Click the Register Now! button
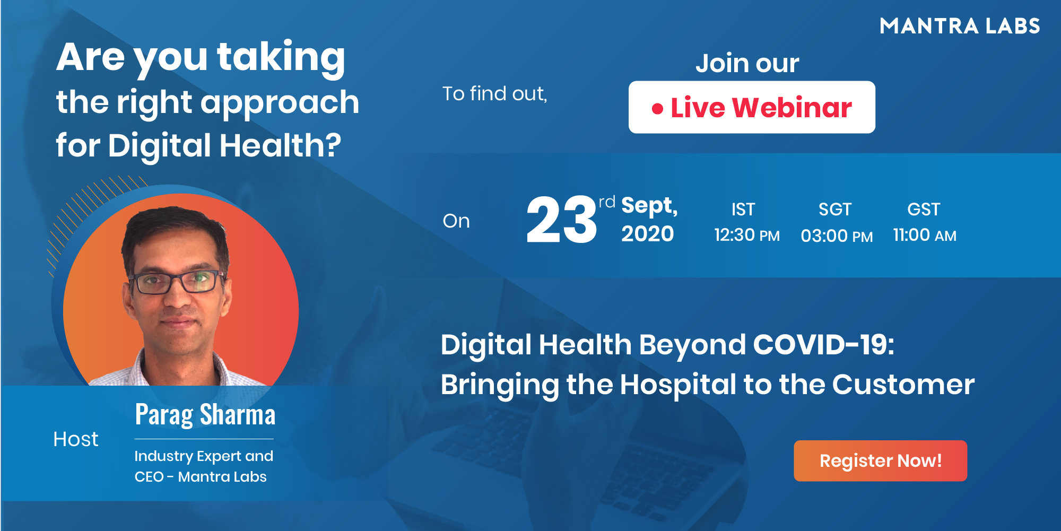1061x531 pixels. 880,460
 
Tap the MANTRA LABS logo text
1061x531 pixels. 960,26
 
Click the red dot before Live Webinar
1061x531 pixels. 657,109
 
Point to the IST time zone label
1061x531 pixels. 743,210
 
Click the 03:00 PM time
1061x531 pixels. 837,236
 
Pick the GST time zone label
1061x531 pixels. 924,210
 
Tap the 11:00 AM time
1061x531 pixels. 925,235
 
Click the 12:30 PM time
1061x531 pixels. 747,235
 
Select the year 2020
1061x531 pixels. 647,234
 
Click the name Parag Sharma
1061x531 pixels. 205,415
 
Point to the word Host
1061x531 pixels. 76,439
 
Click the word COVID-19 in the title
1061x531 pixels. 823,345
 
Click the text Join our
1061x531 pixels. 747,63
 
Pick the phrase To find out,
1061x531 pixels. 494,94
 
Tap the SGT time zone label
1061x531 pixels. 834,210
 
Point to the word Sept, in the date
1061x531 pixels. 649,206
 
